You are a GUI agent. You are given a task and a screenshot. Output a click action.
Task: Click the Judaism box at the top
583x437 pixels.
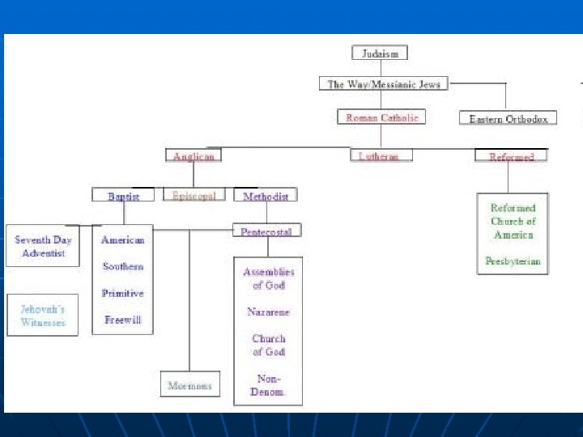tap(380, 53)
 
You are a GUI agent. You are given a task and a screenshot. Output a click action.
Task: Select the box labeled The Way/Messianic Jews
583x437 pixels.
tap(383, 83)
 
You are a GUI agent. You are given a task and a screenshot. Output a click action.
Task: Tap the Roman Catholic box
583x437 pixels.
tap(381, 117)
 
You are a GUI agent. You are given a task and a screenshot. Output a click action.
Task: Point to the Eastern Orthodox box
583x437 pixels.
tap(508, 119)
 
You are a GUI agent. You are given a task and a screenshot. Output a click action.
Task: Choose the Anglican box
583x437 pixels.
tap(194, 156)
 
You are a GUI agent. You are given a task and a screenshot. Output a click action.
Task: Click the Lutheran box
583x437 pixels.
tap(380, 155)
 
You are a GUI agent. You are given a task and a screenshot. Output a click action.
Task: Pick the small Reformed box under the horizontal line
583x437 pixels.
tap(511, 156)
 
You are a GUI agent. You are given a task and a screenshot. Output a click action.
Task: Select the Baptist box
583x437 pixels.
tap(123, 196)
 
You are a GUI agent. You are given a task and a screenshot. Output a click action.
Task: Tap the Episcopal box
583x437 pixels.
tap(194, 195)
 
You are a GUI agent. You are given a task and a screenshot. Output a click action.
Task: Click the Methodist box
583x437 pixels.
tap(265, 196)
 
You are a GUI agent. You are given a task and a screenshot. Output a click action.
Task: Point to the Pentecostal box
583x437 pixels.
tap(267, 231)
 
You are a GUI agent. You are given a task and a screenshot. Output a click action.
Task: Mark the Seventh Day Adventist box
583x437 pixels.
tap(43, 247)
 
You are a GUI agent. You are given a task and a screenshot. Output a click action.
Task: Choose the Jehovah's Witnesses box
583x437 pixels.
tap(43, 316)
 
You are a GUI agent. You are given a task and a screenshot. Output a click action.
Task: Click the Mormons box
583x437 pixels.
tap(189, 385)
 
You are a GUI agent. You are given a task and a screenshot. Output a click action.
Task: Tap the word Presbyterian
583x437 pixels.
tap(513, 261)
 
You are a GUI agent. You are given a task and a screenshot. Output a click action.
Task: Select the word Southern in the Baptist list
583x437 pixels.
tap(123, 266)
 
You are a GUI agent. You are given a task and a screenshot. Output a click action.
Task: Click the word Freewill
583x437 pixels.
tap(123, 320)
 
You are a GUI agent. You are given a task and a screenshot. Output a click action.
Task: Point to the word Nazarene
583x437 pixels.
tap(268, 312)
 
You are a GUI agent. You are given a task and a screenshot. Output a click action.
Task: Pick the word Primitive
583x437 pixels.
tap(123, 293)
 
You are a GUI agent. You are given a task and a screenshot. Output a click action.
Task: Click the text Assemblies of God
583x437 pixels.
tap(268, 278)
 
